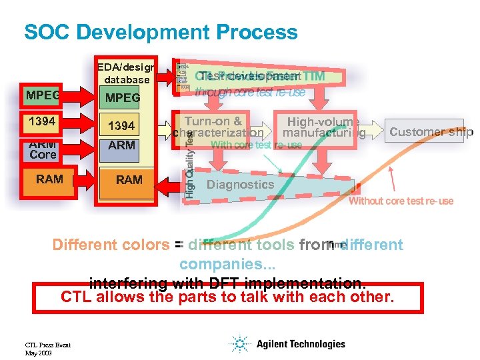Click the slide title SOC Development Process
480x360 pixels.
(x=161, y=32)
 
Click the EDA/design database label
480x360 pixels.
(x=126, y=73)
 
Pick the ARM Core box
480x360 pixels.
(x=42, y=149)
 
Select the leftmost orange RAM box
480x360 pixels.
(x=50, y=179)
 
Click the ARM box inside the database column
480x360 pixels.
(x=121, y=145)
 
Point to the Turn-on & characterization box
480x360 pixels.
(x=213, y=127)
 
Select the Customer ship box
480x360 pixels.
(x=427, y=131)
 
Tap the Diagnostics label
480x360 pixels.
(x=240, y=185)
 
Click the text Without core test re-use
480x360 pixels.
(x=401, y=201)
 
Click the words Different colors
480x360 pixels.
(x=111, y=245)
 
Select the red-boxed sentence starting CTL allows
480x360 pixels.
(x=227, y=297)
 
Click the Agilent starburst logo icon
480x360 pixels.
(x=239, y=345)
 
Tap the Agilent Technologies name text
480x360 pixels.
(x=299, y=345)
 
